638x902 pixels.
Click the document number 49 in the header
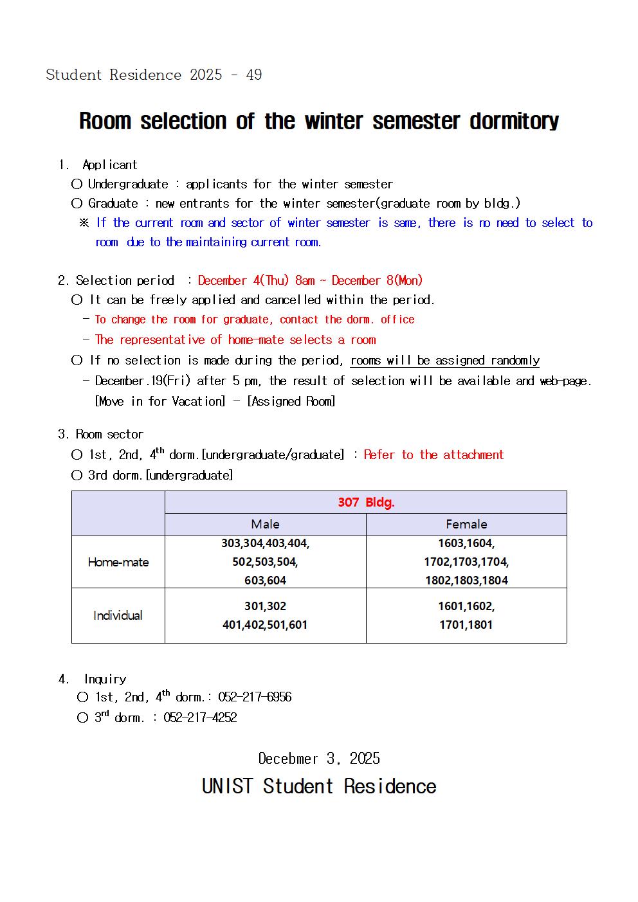click(254, 75)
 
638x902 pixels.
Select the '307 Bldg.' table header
click(366, 502)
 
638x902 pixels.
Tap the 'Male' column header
click(265, 524)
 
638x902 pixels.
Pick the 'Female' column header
click(466, 524)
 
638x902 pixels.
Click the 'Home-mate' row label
click(118, 562)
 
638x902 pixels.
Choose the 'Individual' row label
click(118, 615)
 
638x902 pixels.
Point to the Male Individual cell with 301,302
click(265, 615)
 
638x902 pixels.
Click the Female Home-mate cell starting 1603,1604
click(466, 562)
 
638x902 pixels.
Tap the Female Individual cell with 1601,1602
click(466, 615)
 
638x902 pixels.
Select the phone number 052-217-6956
click(255, 697)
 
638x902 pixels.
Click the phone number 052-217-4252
click(200, 717)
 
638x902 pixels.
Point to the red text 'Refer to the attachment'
click(433, 455)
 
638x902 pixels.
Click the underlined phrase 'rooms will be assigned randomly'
click(445, 361)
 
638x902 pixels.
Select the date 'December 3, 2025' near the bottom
click(319, 759)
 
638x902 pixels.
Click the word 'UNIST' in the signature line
click(228, 786)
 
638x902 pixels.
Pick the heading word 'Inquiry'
click(105, 679)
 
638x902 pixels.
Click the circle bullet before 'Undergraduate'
click(77, 185)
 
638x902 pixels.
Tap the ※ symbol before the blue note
click(84, 223)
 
